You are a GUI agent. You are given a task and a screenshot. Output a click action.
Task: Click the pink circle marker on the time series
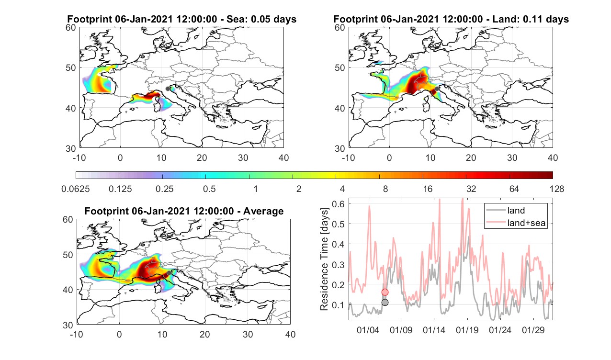385,292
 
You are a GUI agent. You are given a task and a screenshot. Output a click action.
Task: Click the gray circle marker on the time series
385,303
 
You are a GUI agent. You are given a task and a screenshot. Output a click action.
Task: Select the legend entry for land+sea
516,223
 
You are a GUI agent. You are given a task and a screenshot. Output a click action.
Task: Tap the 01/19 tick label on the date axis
467,330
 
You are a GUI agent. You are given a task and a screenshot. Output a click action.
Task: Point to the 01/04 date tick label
368,330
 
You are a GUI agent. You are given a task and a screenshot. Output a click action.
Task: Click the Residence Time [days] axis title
324,259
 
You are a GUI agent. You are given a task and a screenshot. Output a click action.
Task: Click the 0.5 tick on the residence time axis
338,224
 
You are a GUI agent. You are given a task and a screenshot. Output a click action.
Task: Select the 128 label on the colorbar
557,189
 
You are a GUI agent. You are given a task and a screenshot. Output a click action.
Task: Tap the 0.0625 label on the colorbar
75,189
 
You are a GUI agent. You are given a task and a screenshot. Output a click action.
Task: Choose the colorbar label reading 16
428,189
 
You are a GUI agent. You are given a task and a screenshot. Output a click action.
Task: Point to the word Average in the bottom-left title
263,211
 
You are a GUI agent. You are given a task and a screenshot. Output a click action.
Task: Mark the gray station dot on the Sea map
168,89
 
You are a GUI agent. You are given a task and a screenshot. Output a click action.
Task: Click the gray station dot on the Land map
437,89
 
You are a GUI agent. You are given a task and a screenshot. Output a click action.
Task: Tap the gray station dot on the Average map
169,273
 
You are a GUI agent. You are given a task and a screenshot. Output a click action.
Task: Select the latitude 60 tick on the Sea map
71,28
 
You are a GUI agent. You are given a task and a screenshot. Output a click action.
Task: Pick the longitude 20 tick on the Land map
471,157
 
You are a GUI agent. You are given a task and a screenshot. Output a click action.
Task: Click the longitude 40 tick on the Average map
290,334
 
